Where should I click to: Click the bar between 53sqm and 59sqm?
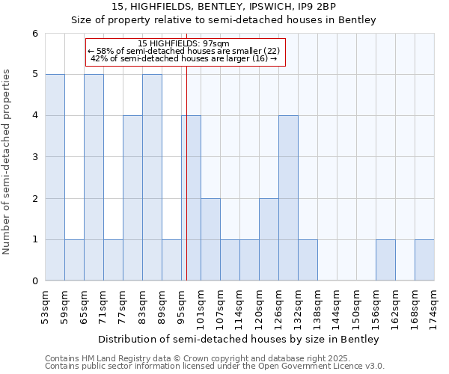click(55, 177)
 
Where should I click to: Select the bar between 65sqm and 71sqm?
click(94, 177)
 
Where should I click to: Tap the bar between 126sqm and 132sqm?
click(288, 198)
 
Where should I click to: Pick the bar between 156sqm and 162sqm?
click(385, 260)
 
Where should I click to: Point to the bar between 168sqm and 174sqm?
click(424, 260)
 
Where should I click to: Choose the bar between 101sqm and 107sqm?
click(210, 239)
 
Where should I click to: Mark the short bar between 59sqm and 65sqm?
click(74, 260)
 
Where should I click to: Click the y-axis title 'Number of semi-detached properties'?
click(7, 162)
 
